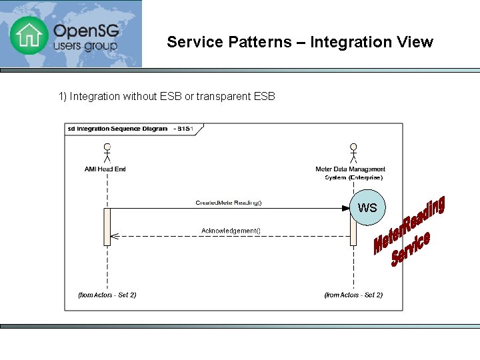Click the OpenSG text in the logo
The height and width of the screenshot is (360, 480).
point(85,31)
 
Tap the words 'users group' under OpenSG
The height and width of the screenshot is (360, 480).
point(85,47)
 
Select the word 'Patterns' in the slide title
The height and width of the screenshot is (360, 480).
point(259,42)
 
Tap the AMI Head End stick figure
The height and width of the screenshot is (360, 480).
point(106,153)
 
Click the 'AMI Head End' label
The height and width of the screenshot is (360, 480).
point(105,169)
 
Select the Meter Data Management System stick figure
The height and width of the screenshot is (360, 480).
point(353,153)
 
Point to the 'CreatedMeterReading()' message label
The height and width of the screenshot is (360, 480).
point(229,203)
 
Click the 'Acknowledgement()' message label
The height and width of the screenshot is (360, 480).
point(231,231)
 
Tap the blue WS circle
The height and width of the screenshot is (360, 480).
point(367,207)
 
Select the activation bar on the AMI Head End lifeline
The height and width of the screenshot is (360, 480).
point(107,227)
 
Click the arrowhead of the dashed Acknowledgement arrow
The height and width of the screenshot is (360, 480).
point(114,236)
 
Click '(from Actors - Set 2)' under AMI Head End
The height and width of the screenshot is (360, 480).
point(107,295)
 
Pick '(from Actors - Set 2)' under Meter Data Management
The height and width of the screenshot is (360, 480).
point(353,295)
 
